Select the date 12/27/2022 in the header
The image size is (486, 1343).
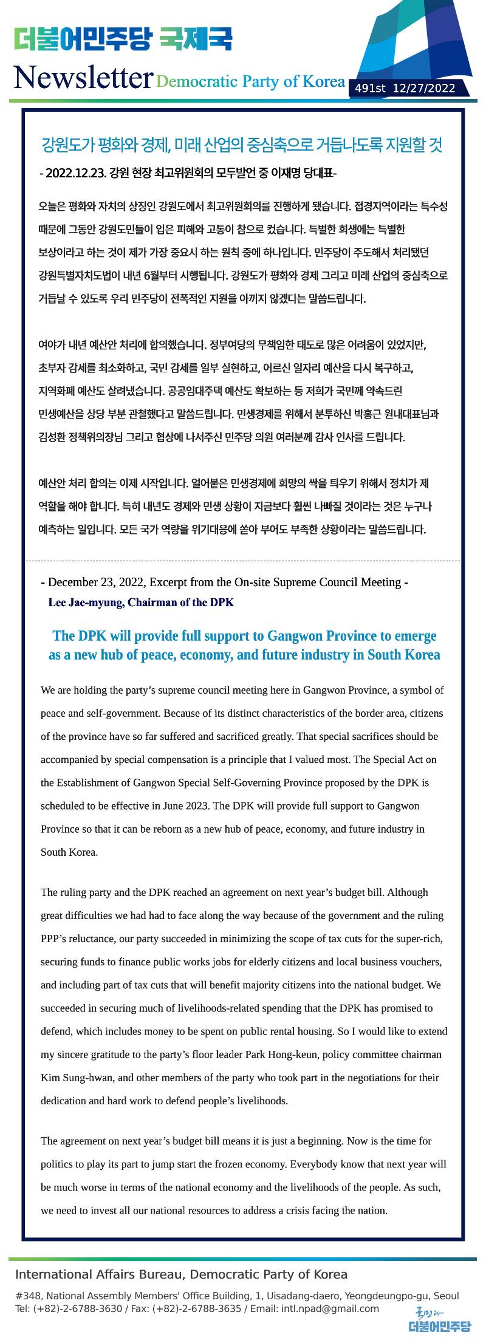[x=424, y=89]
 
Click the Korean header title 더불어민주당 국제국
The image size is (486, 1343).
[x=123, y=41]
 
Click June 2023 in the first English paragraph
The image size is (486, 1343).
[x=185, y=806]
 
